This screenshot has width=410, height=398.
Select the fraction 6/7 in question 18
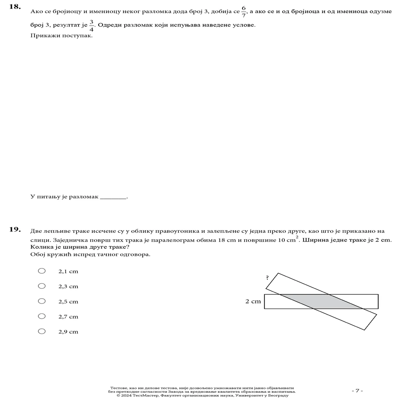click(243, 11)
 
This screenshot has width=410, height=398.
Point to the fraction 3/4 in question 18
click(92, 25)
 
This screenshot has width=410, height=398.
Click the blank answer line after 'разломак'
click(113, 197)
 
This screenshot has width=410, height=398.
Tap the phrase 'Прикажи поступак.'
click(61, 36)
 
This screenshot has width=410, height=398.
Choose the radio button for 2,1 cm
click(42, 271)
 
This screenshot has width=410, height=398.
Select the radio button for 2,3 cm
click(42, 286)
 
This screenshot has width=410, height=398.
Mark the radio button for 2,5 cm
click(42, 301)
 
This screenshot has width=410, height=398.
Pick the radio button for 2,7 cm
click(42, 316)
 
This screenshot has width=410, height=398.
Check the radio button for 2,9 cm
click(42, 331)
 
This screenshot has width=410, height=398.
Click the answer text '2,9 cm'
click(68, 332)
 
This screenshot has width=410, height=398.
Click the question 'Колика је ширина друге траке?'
click(80, 247)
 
